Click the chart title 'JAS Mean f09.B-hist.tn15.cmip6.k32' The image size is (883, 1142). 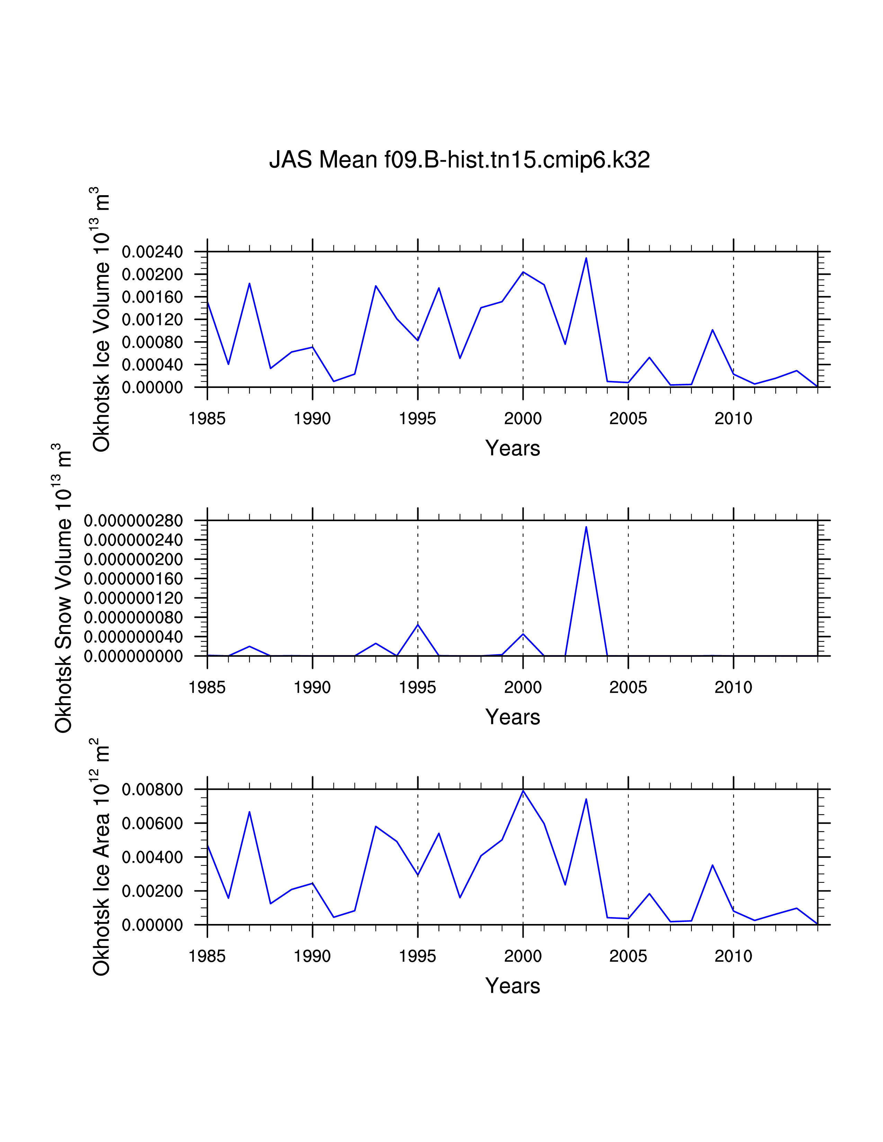coord(459,160)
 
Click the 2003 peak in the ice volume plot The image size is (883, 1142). coord(586,258)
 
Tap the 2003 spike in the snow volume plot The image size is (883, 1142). coord(586,527)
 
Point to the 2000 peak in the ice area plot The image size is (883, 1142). coord(523,791)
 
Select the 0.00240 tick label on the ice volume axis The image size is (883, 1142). coord(153,252)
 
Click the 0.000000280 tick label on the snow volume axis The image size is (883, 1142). coord(133,521)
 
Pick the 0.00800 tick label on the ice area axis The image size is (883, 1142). coord(153,790)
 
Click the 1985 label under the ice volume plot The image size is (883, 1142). coord(207,419)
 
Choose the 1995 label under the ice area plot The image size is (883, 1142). coord(418,957)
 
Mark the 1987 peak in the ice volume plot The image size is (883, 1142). coord(250,283)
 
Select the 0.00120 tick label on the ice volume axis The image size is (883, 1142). coord(153,319)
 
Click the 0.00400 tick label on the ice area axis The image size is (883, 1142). coord(153,858)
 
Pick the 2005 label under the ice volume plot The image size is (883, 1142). coord(628,419)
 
